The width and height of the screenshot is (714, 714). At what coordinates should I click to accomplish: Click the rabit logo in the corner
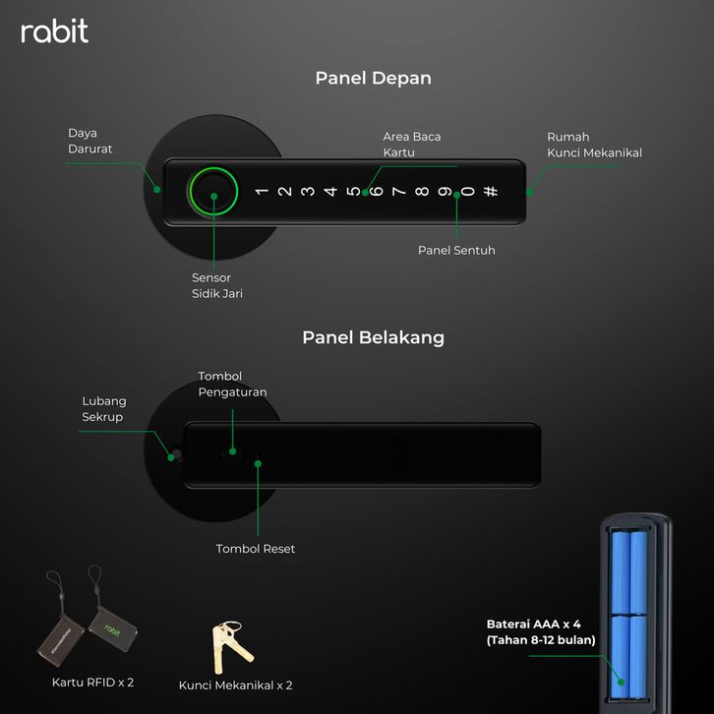(55, 30)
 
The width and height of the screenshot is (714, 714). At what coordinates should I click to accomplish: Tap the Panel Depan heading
(373, 78)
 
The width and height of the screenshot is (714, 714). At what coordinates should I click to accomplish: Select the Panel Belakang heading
(373, 337)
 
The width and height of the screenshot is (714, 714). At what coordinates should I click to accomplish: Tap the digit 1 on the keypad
(262, 191)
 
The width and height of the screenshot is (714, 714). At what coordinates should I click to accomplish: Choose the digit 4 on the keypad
(330, 191)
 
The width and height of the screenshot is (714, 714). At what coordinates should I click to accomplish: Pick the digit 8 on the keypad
(422, 191)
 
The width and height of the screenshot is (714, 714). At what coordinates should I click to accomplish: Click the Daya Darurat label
(89, 141)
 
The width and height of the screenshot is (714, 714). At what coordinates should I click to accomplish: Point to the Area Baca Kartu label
(412, 145)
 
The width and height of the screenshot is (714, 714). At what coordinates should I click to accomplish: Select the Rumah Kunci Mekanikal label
(594, 145)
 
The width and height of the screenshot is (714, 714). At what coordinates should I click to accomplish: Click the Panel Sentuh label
(456, 250)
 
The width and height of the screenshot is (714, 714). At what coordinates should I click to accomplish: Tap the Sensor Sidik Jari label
(217, 285)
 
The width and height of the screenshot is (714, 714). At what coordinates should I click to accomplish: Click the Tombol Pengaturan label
(232, 384)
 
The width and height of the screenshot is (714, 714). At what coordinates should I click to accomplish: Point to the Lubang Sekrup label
(104, 409)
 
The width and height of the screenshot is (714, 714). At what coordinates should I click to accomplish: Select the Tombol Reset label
(256, 549)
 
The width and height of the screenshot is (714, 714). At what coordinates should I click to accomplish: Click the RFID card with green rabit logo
(113, 629)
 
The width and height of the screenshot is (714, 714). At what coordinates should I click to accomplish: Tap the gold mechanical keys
(231, 646)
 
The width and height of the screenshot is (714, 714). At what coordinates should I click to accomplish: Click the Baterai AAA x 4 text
(533, 624)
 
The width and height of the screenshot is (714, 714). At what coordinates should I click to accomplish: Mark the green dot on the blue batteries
(621, 683)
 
